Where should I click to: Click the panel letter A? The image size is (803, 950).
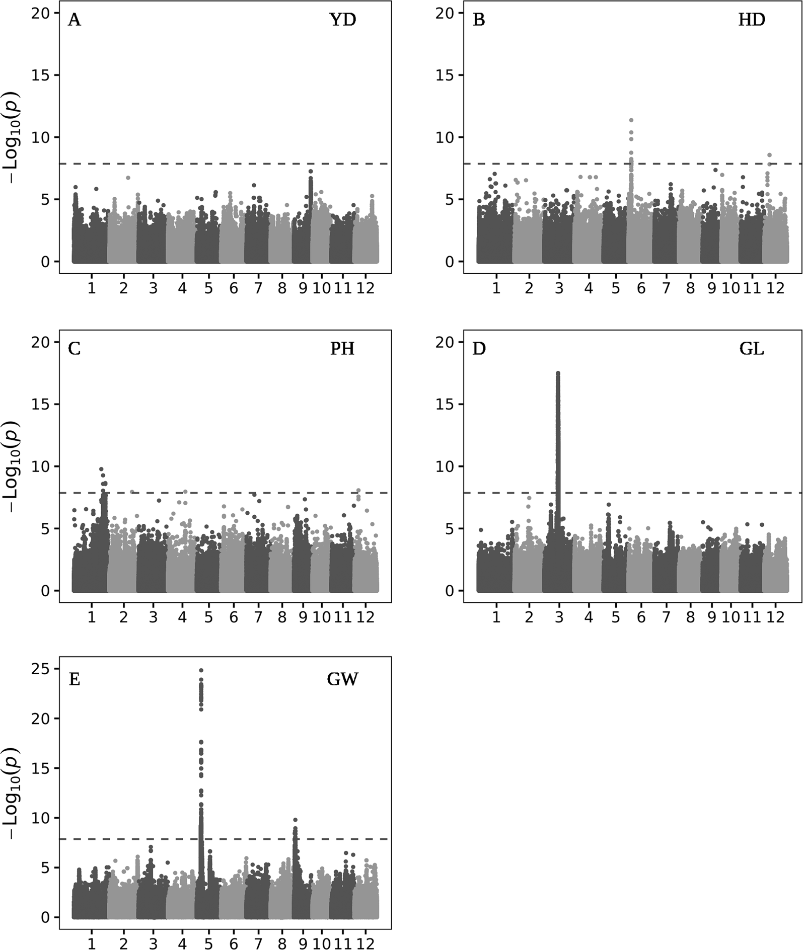[x=74, y=21]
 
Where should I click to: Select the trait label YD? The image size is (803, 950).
[x=342, y=20]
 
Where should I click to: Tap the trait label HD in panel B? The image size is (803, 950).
[x=751, y=20]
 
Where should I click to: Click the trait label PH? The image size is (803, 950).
[x=342, y=349]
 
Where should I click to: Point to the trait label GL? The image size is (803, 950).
[x=752, y=349]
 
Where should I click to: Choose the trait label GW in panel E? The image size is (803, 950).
[x=342, y=679]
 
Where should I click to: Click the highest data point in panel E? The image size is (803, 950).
[x=201, y=670]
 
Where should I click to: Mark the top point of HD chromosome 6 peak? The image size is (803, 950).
[x=631, y=120]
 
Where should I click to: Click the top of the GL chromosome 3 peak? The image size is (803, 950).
[x=558, y=373]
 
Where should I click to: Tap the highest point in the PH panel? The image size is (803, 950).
[x=101, y=469]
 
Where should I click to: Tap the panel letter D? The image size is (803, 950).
[x=479, y=349]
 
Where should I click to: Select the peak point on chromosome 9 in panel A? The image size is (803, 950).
[x=311, y=172]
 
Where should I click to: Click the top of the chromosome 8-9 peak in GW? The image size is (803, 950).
[x=296, y=820]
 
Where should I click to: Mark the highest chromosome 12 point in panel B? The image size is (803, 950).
[x=769, y=155]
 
